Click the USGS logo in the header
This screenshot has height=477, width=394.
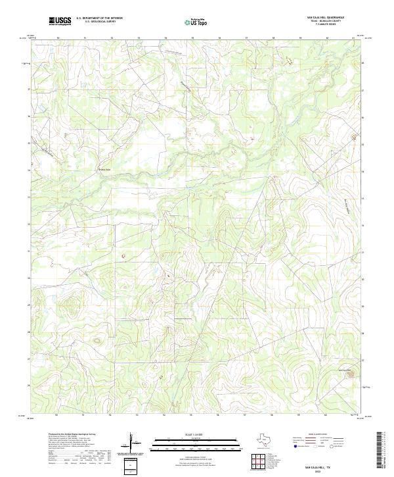coord(60,21)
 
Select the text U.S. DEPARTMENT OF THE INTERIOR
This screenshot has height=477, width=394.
coord(99,18)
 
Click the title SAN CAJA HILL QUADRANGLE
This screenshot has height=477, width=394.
coord(326,18)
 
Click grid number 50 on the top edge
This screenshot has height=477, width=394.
coord(58,38)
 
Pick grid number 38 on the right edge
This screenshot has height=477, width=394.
coord(364,63)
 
